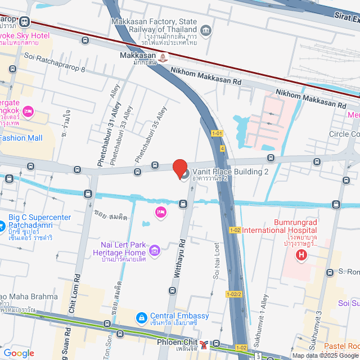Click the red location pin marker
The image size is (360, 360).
tap(179, 168)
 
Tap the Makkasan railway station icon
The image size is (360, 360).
tap(163, 57)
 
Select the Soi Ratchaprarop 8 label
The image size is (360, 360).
tap(55, 63)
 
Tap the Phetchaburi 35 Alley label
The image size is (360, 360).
tap(150, 133)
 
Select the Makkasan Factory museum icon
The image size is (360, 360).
tap(206, 30)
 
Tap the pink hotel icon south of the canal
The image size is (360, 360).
tap(160, 211)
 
